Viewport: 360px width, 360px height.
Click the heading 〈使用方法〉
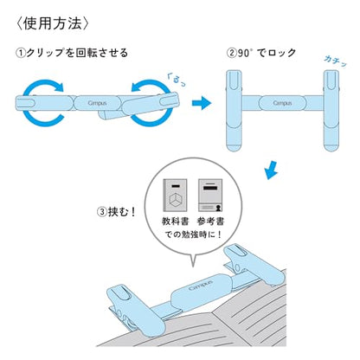click(x=53, y=18)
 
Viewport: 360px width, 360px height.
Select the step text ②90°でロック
click(x=261, y=53)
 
